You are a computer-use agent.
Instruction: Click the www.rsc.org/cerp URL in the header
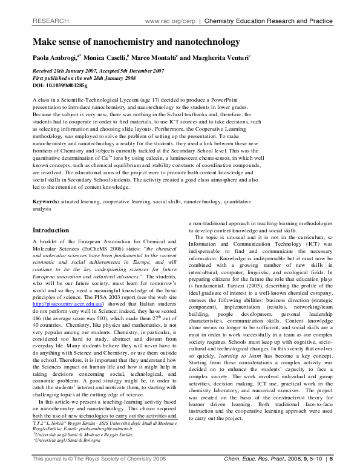click(172, 21)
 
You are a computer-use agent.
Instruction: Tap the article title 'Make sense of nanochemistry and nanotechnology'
click(128, 42)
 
